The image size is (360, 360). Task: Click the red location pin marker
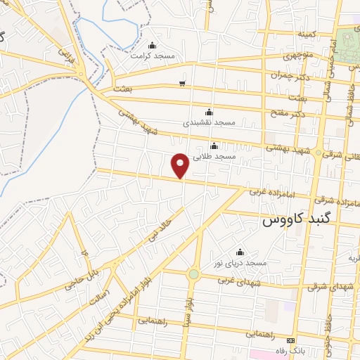tap(181, 165)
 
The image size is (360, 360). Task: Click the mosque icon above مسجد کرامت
tap(153, 45)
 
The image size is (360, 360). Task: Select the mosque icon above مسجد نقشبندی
tap(208, 112)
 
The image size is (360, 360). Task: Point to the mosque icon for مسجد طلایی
tap(214, 146)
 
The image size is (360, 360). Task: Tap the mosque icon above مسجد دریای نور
tap(240, 252)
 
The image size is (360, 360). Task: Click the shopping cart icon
tap(182, 84)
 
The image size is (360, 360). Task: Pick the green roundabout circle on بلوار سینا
tap(193, 274)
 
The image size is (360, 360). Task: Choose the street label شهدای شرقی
tap(330, 286)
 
